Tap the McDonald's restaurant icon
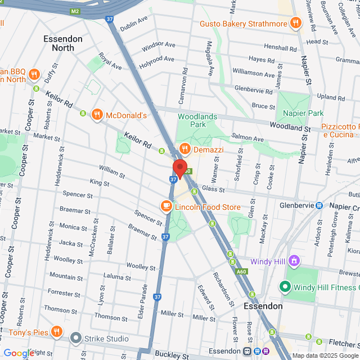click(97, 115)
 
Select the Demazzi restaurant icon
click(184, 150)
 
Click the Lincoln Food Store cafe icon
click(166, 206)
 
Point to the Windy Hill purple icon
click(292, 260)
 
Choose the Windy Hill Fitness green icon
click(285, 287)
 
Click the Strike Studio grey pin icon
click(76, 338)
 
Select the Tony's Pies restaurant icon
click(56, 332)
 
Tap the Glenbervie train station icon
click(319, 206)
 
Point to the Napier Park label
click(308, 113)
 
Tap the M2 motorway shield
click(76, 10)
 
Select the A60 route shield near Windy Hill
click(241, 271)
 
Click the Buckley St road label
click(172, 355)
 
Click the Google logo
click(18, 353)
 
